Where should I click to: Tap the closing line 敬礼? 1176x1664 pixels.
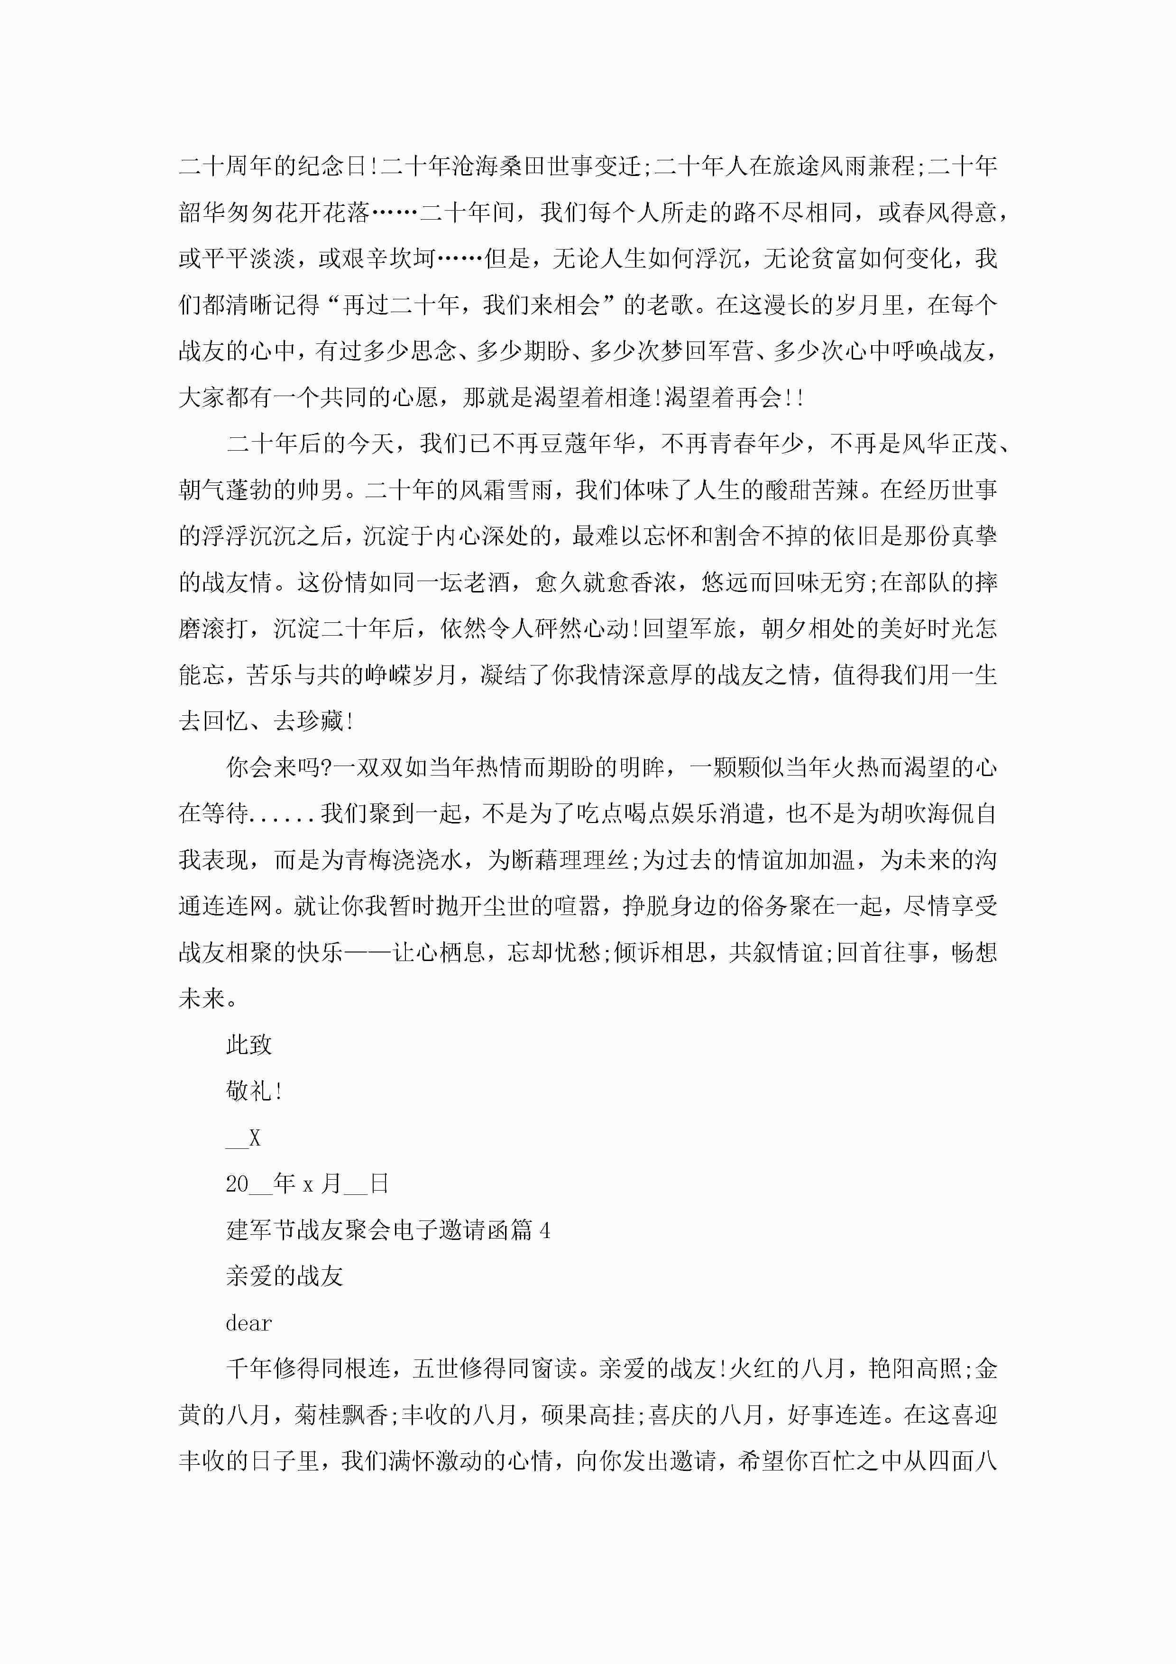click(254, 1091)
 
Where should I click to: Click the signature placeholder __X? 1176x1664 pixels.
click(243, 1138)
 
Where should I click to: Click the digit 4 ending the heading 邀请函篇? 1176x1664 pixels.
click(545, 1230)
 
